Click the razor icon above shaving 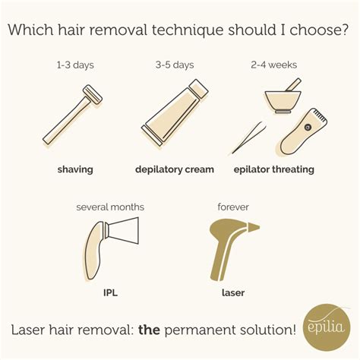tap(74, 118)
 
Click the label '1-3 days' tap(74, 65)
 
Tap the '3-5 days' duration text tap(176, 65)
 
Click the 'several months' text tap(110, 207)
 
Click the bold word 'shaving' tap(74, 169)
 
